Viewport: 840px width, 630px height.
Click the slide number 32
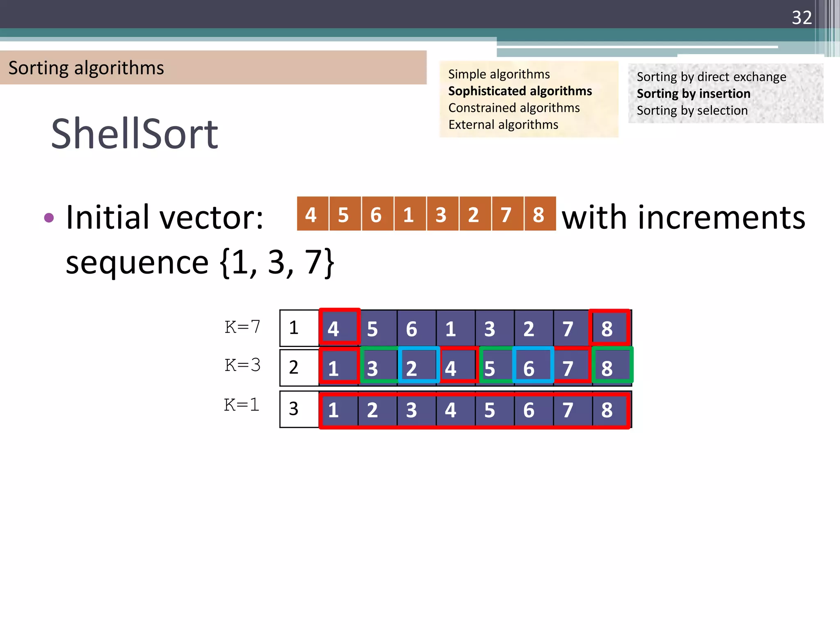click(801, 18)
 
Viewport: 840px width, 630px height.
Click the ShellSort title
click(135, 134)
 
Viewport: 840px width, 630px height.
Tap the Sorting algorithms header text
click(86, 68)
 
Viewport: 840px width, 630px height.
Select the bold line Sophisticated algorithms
click(520, 91)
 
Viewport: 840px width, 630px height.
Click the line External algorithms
click(503, 124)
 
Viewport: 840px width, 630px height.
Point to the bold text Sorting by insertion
click(693, 94)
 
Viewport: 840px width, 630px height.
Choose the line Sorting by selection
click(692, 110)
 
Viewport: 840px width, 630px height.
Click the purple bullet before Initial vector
click(49, 217)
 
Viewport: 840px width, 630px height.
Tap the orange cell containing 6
click(376, 214)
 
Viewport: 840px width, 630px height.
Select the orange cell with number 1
click(409, 214)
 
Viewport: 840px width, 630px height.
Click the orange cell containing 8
click(539, 214)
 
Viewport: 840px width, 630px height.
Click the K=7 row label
click(242, 327)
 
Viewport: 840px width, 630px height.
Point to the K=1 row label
click(242, 405)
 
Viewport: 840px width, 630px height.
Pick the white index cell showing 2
click(294, 367)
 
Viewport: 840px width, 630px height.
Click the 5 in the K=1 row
click(490, 410)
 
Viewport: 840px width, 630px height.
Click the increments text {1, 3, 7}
click(278, 262)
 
